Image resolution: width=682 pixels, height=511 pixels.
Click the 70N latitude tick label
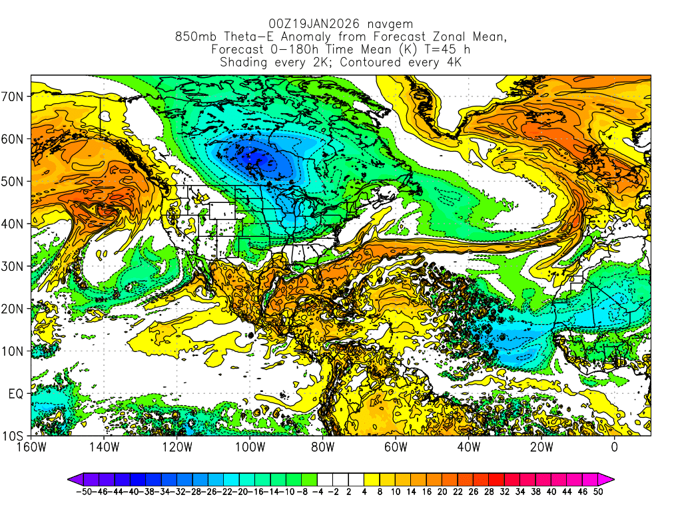15,96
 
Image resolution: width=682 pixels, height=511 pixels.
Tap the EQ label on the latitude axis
16,394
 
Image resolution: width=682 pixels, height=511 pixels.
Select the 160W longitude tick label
31,447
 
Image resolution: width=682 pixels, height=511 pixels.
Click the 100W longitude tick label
250,447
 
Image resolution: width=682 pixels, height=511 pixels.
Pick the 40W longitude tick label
468,447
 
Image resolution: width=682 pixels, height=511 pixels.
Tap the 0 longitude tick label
614,447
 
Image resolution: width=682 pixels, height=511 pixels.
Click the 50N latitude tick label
15,181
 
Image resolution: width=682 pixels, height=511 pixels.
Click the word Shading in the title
243,63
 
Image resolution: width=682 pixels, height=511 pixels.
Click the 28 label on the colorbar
496,492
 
